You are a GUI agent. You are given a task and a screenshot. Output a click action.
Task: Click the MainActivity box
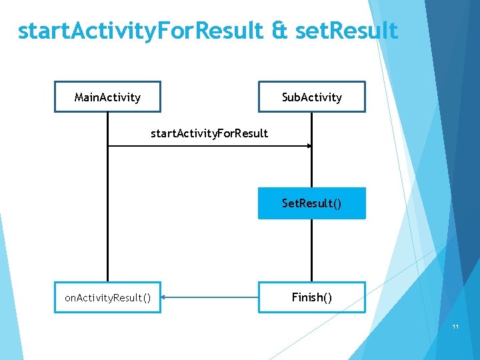pyautogui.click(x=107, y=97)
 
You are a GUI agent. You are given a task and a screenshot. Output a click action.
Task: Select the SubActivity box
pyautogui.click(x=312, y=97)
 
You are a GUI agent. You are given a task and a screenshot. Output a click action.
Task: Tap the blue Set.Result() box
pyautogui.click(x=312, y=203)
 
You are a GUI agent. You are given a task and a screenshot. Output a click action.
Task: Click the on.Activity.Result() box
pyautogui.click(x=107, y=297)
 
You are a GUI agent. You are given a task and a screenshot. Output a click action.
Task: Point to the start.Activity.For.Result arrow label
pyautogui.click(x=209, y=133)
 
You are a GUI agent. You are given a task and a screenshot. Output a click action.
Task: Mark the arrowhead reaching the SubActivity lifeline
pyautogui.click(x=308, y=145)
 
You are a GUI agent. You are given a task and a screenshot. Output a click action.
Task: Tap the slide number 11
pyautogui.click(x=456, y=327)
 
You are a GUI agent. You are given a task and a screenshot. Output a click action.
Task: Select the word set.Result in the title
pyautogui.click(x=345, y=30)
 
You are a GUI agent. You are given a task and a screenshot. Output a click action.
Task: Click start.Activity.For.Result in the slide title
pyautogui.click(x=141, y=30)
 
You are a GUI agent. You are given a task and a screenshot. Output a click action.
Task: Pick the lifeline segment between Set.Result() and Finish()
pyautogui.click(x=311, y=250)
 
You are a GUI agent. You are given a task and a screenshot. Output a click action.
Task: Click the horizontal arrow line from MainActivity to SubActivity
pyautogui.click(x=207, y=145)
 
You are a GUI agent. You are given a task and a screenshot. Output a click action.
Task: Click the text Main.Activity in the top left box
pyautogui.click(x=107, y=97)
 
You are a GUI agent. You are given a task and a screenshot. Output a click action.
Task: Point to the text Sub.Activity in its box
pyautogui.click(x=312, y=97)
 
